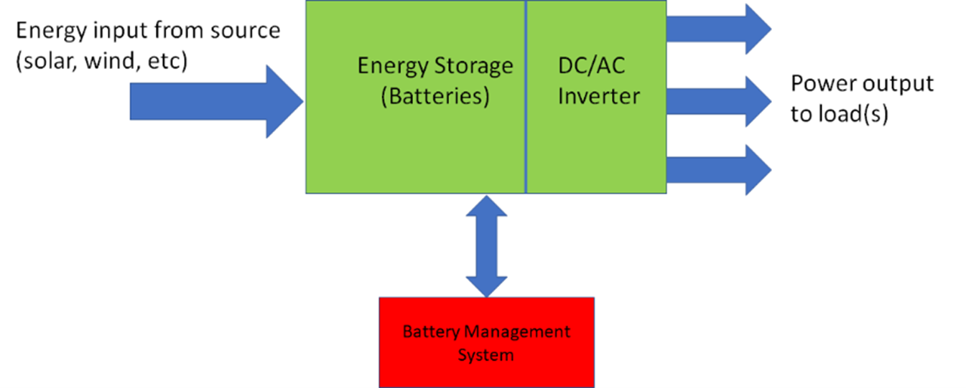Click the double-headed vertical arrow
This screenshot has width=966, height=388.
(x=486, y=245)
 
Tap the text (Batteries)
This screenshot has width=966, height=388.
(x=435, y=96)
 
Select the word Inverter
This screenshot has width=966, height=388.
(x=598, y=96)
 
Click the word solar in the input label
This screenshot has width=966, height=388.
(x=50, y=62)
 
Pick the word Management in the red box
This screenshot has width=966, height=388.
(x=516, y=332)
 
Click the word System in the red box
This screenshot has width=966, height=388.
(x=486, y=354)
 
